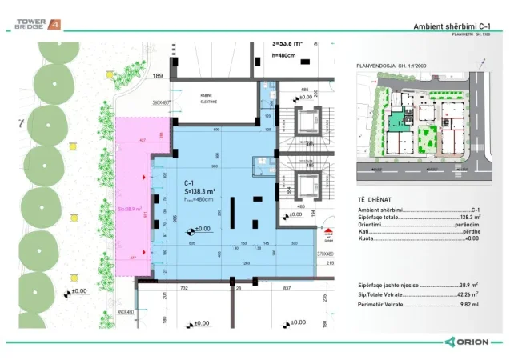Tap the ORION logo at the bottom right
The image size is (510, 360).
[472, 341]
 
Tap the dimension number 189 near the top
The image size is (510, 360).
[158, 76]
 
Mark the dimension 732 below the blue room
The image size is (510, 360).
[183, 286]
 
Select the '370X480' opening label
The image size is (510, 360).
[323, 253]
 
